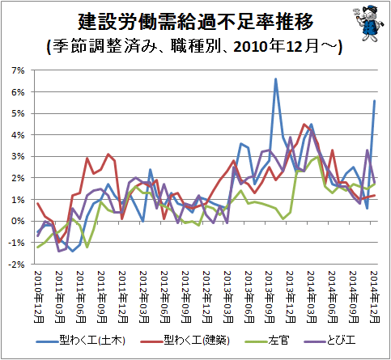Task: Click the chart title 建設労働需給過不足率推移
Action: tap(196, 21)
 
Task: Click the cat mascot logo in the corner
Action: tap(369, 23)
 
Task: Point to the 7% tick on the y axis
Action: tap(18, 70)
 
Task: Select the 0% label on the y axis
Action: tap(18, 221)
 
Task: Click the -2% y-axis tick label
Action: tap(16, 265)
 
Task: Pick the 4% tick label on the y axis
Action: tap(18, 135)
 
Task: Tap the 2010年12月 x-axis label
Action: tap(38, 297)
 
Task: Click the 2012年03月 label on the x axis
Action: tap(144, 297)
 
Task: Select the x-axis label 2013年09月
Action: tap(270, 297)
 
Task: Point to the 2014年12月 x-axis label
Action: tap(375, 297)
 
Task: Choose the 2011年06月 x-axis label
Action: tap(81, 297)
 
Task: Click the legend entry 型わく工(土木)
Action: tap(81, 341)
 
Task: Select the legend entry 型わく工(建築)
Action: tap(185, 341)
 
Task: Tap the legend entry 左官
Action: tap(266, 341)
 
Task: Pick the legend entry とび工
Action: tap(329, 341)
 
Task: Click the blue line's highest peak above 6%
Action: tap(275, 79)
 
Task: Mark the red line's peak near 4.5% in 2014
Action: tap(304, 125)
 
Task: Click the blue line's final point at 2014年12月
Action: tap(375, 100)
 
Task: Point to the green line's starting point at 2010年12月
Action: tap(38, 247)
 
